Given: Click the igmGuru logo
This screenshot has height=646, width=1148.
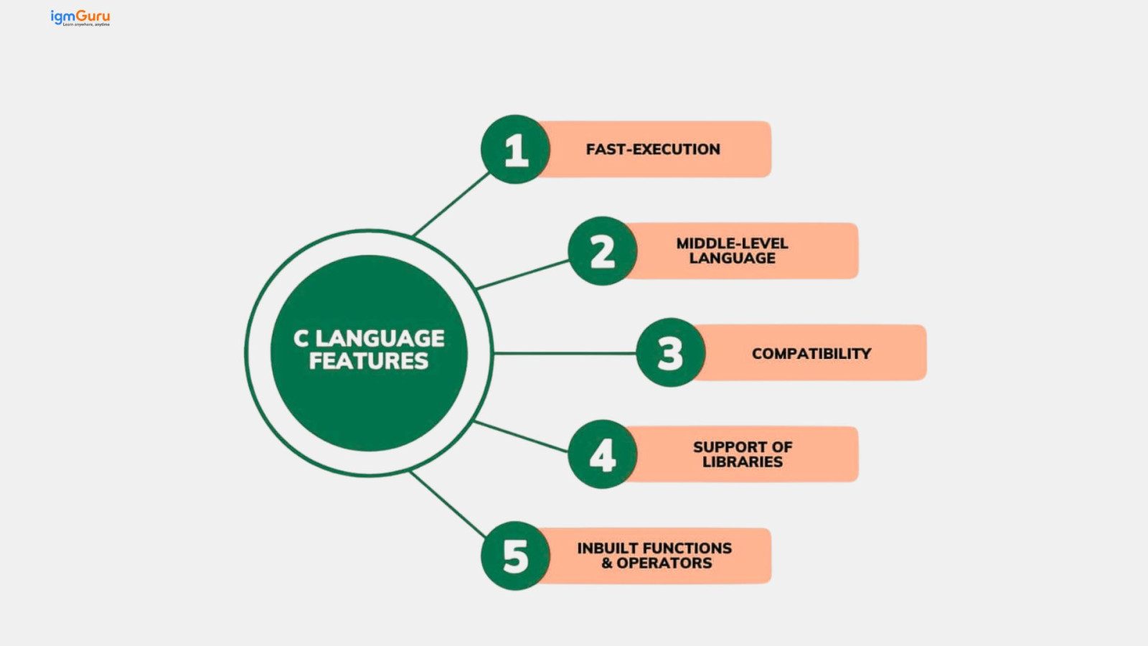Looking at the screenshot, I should coord(80,17).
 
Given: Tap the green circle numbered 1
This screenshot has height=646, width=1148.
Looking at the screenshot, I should coord(516,149).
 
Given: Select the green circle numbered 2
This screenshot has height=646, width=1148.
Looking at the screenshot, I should coord(603,251).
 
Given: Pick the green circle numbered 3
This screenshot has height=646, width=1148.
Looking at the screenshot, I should coord(671,352).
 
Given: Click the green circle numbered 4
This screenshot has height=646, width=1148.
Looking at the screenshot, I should coord(603,454).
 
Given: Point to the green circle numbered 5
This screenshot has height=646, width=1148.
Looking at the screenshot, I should coord(516,556).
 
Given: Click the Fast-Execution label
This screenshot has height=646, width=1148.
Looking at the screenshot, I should coord(653,149).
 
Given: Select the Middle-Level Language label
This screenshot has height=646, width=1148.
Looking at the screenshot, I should coord(732,251).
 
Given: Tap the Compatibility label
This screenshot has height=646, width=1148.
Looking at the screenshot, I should coord(811,353).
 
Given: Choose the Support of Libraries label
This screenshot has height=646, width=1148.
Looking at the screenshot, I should coord(743,454).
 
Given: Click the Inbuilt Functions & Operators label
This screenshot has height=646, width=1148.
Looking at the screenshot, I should coord(654,556).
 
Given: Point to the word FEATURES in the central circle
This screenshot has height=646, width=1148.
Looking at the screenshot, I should coord(369,361).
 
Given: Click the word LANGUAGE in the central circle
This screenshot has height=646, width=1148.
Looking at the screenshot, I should coord(380,338).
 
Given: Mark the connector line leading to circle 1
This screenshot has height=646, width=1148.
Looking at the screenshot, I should coord(451,205).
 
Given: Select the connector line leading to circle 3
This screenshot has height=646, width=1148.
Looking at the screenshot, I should coord(565,353).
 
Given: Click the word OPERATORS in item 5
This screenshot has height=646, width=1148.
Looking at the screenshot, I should coord(664,563).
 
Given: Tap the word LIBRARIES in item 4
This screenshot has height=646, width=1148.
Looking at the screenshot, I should coord(743,462).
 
